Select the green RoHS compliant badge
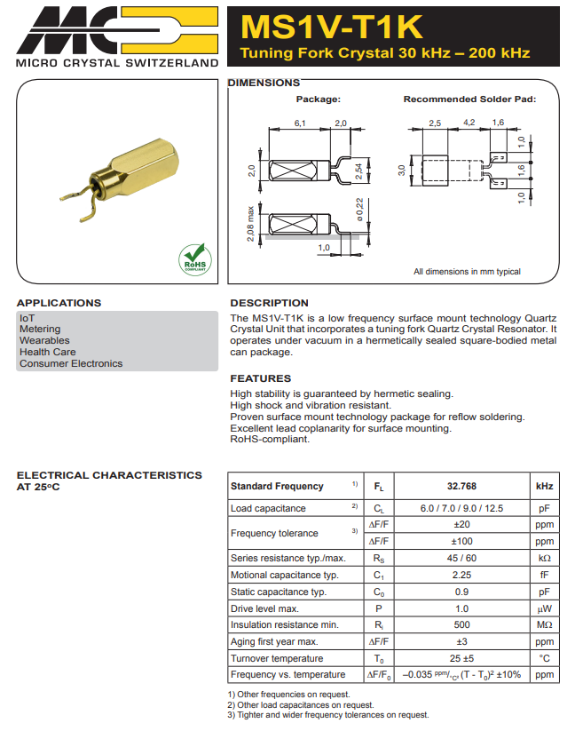click(195, 258)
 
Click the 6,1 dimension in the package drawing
click(300, 123)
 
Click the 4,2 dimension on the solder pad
click(469, 123)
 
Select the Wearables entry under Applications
click(44, 340)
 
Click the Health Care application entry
click(48, 352)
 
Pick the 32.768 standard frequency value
click(461, 487)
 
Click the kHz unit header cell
click(544, 487)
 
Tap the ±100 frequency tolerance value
click(461, 541)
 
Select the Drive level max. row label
click(264, 608)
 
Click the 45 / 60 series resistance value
click(461, 558)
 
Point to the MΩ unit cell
click(544, 625)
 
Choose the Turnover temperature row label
click(277, 658)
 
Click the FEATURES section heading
click(261, 378)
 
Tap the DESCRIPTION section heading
click(270, 303)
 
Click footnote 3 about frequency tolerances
click(328, 715)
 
